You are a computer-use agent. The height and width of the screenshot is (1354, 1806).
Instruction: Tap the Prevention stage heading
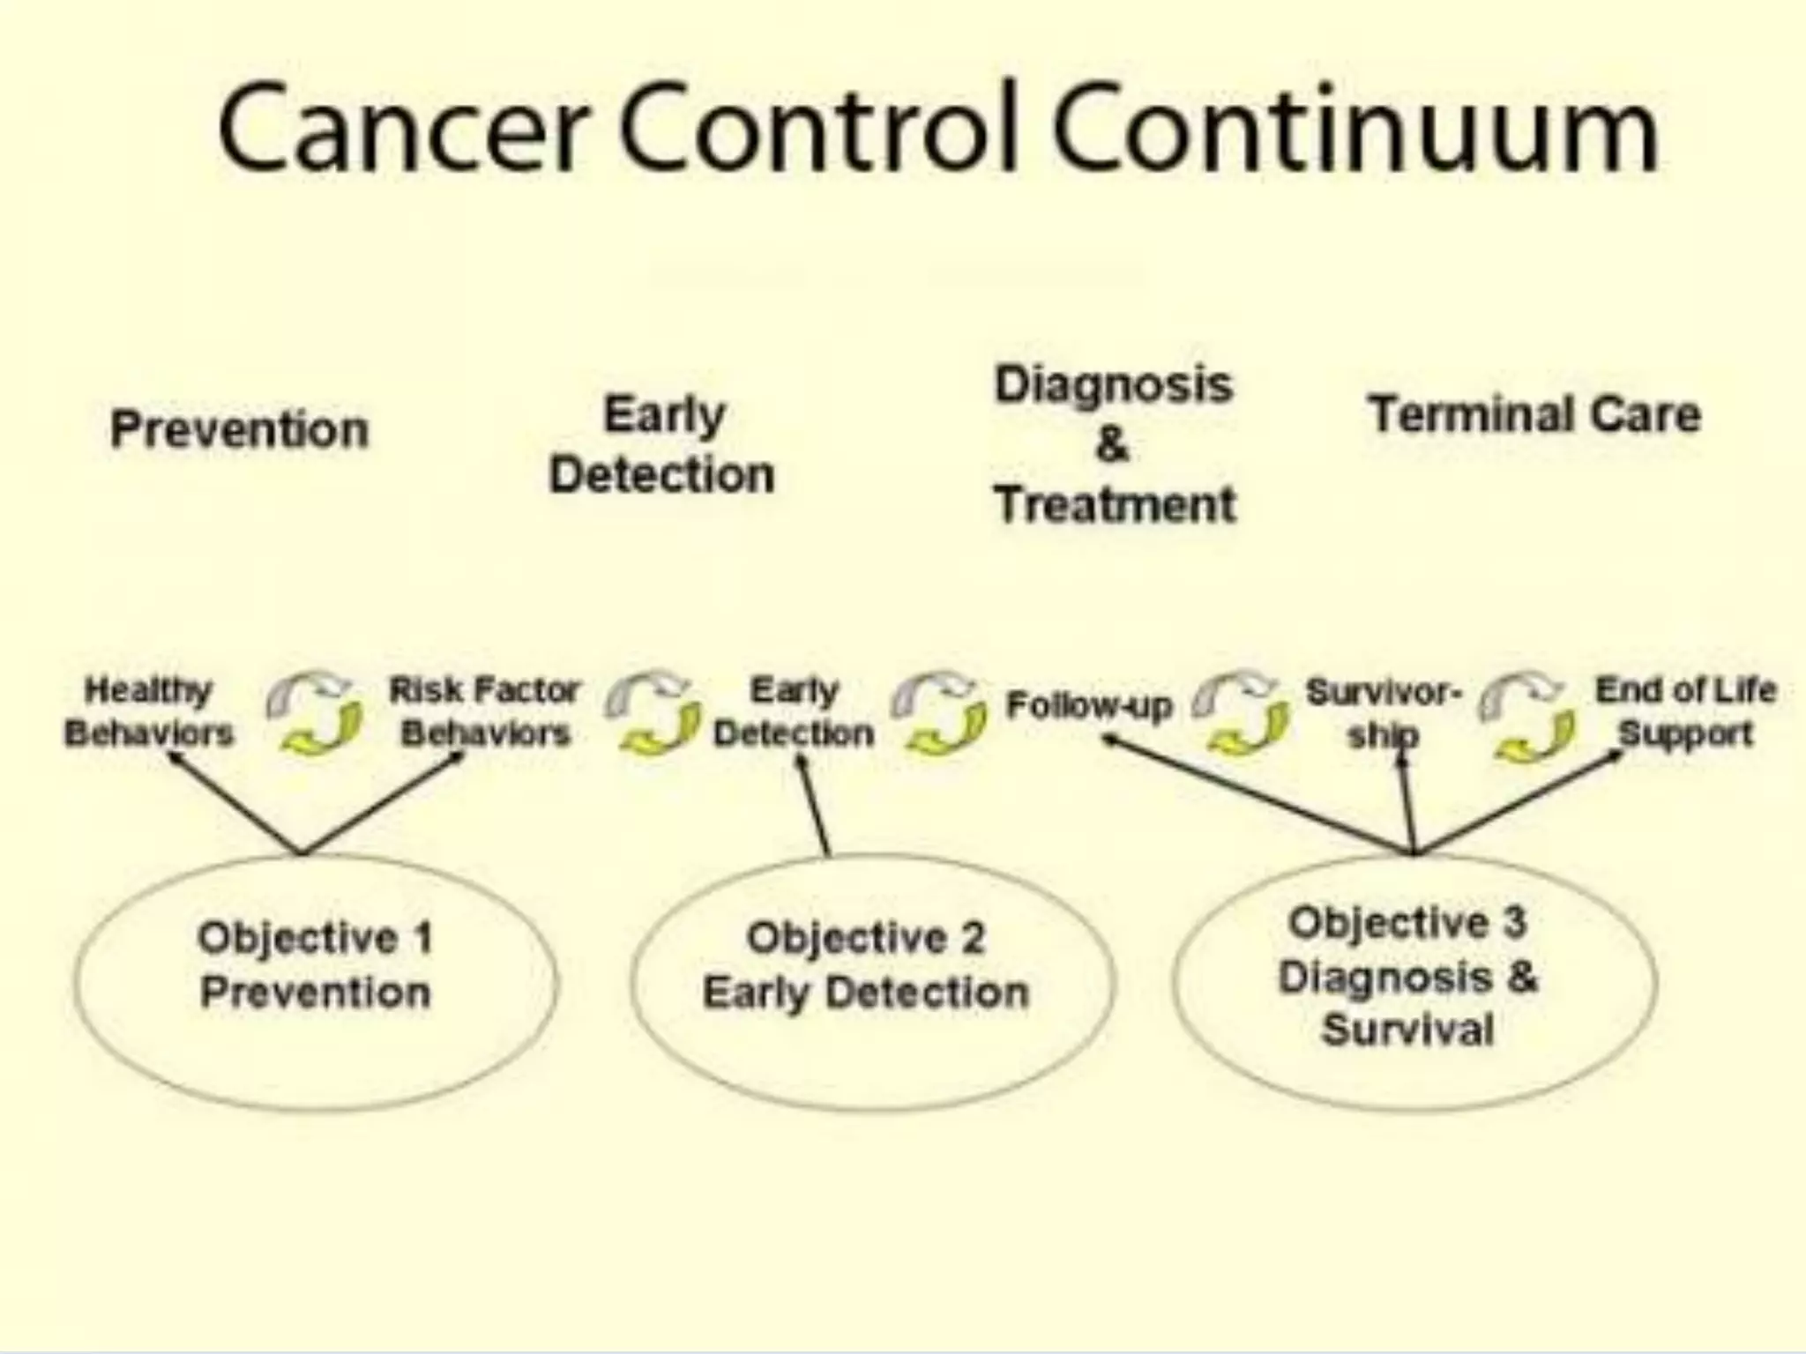point(239,430)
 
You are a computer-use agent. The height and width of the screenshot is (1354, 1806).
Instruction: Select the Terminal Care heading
point(1534,414)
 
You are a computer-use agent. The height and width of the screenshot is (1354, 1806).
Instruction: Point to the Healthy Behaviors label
point(148,711)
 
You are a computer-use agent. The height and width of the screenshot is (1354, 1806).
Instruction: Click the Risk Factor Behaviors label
point(485,711)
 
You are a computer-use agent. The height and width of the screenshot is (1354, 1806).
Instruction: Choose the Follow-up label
point(1089,705)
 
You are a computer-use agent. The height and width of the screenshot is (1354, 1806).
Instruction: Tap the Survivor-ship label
point(1382,712)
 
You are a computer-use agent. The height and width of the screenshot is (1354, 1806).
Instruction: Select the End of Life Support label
point(1685,711)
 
